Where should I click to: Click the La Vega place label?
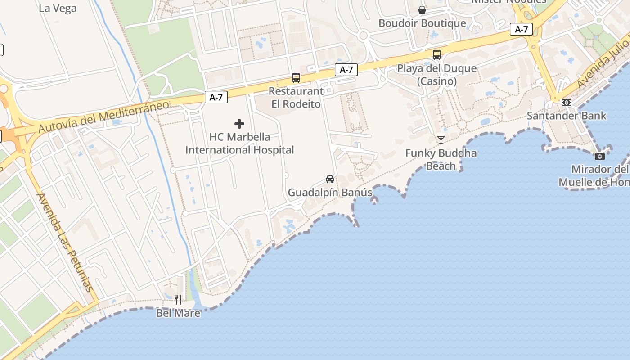coord(58,8)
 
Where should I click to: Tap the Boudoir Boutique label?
coord(422,23)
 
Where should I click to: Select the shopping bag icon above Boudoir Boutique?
coord(422,9)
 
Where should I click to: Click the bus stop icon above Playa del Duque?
coord(436,55)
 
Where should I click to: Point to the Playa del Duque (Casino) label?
coord(436,75)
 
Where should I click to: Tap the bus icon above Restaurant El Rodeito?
coord(296,78)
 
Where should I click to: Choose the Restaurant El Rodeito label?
coord(296,97)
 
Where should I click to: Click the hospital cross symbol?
coord(239,124)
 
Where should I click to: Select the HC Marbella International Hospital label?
coord(240,143)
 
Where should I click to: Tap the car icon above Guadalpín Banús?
coord(330,179)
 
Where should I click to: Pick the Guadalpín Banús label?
coord(330,193)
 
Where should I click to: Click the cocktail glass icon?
coord(441,140)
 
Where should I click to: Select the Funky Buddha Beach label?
coord(441,159)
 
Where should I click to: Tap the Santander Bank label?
coord(567,116)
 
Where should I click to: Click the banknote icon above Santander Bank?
coord(567,103)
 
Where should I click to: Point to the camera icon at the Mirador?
coord(599,156)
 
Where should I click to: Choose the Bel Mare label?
coord(178,313)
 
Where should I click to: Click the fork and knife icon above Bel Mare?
coord(178,299)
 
